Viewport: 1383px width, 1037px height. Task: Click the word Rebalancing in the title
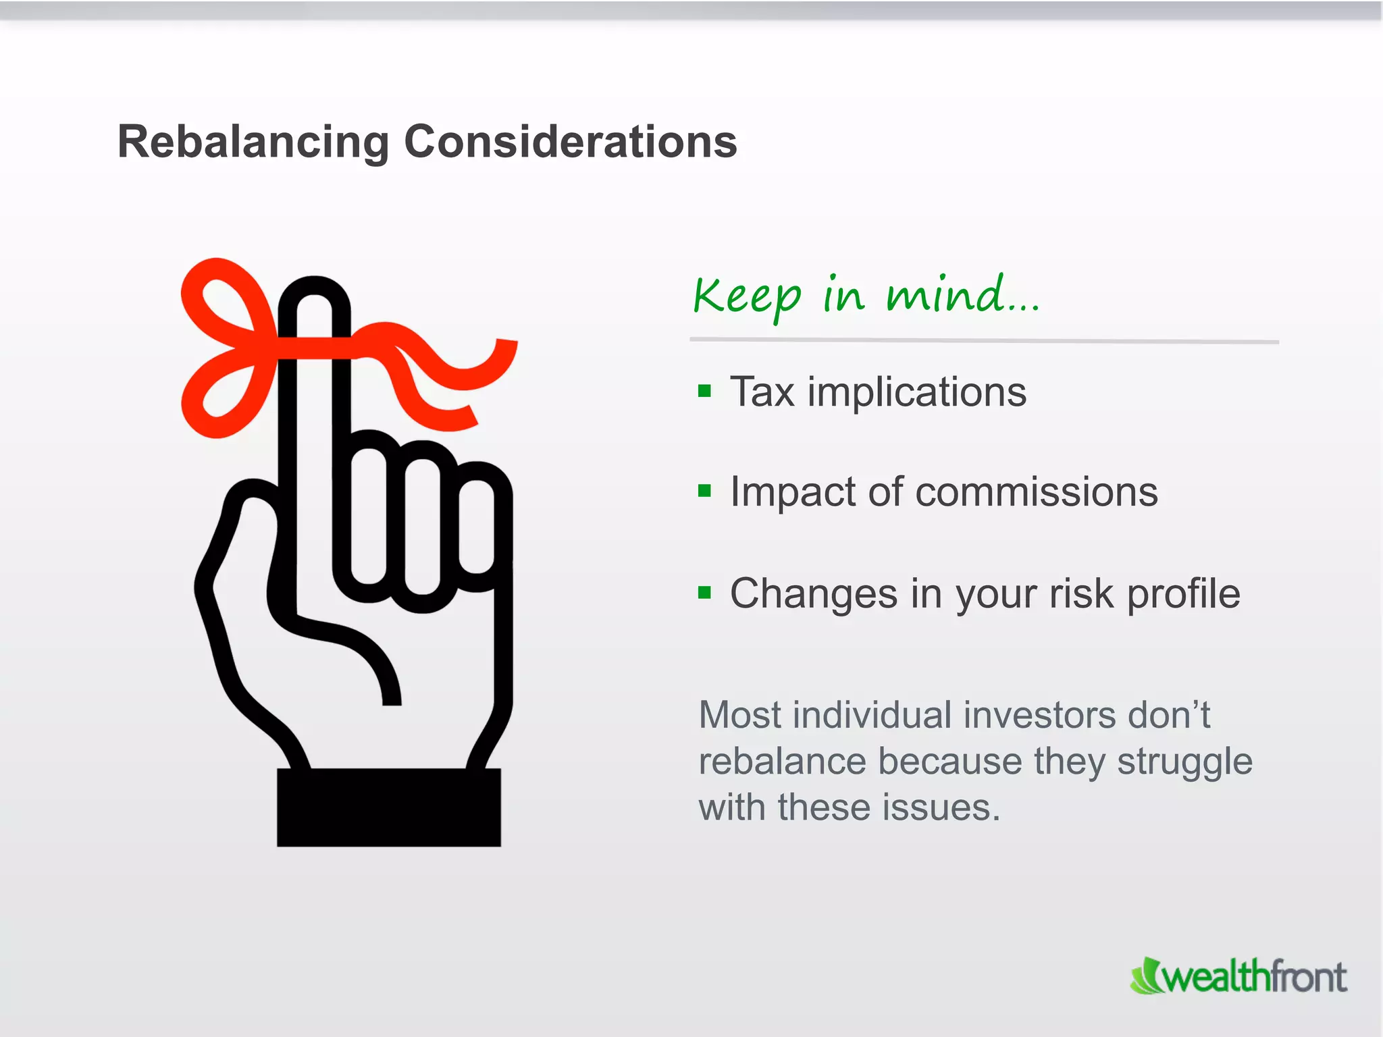pos(253,143)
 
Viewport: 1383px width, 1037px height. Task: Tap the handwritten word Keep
pos(747,297)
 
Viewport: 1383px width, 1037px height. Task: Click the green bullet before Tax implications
pos(704,391)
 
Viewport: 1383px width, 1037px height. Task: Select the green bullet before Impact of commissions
pos(704,491)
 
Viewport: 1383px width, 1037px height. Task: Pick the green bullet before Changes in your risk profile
pos(704,593)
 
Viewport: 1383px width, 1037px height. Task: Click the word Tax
pos(762,392)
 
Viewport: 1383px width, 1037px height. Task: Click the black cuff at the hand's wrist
pos(389,807)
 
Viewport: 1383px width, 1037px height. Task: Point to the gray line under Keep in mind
pos(984,341)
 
